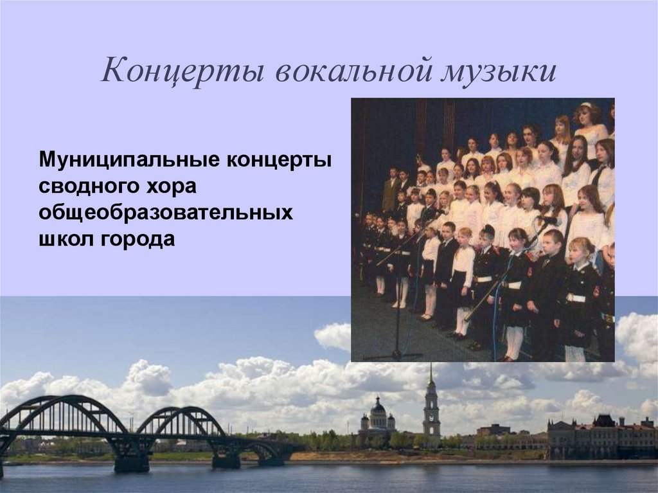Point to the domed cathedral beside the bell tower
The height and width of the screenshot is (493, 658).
point(378,418)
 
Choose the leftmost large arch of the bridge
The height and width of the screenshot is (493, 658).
point(64,418)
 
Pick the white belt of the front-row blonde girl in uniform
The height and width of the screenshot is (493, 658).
point(576,298)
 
